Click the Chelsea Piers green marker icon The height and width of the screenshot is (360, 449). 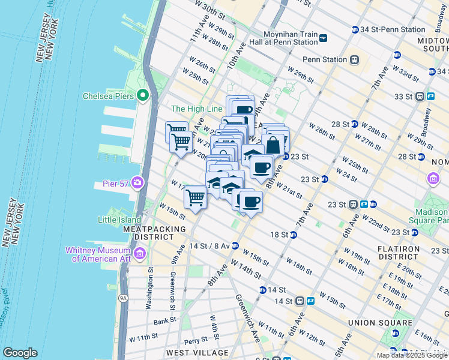click(143, 95)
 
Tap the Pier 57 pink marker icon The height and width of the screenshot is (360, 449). click(139, 182)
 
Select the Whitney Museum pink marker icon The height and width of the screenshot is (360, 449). click(140, 254)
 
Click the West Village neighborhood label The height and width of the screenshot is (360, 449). click(189, 352)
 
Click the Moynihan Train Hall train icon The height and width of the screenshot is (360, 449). click(324, 38)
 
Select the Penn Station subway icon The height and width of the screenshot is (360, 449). click(355, 59)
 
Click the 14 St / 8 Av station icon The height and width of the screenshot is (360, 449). click(235, 245)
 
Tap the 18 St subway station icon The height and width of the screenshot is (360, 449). click(293, 234)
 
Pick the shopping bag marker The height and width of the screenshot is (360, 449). click(273, 145)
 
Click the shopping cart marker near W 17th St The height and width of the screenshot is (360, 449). click(195, 197)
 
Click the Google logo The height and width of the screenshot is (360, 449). click(20, 353)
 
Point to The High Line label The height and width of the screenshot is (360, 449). click(197, 109)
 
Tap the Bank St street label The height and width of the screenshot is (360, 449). click(164, 320)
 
